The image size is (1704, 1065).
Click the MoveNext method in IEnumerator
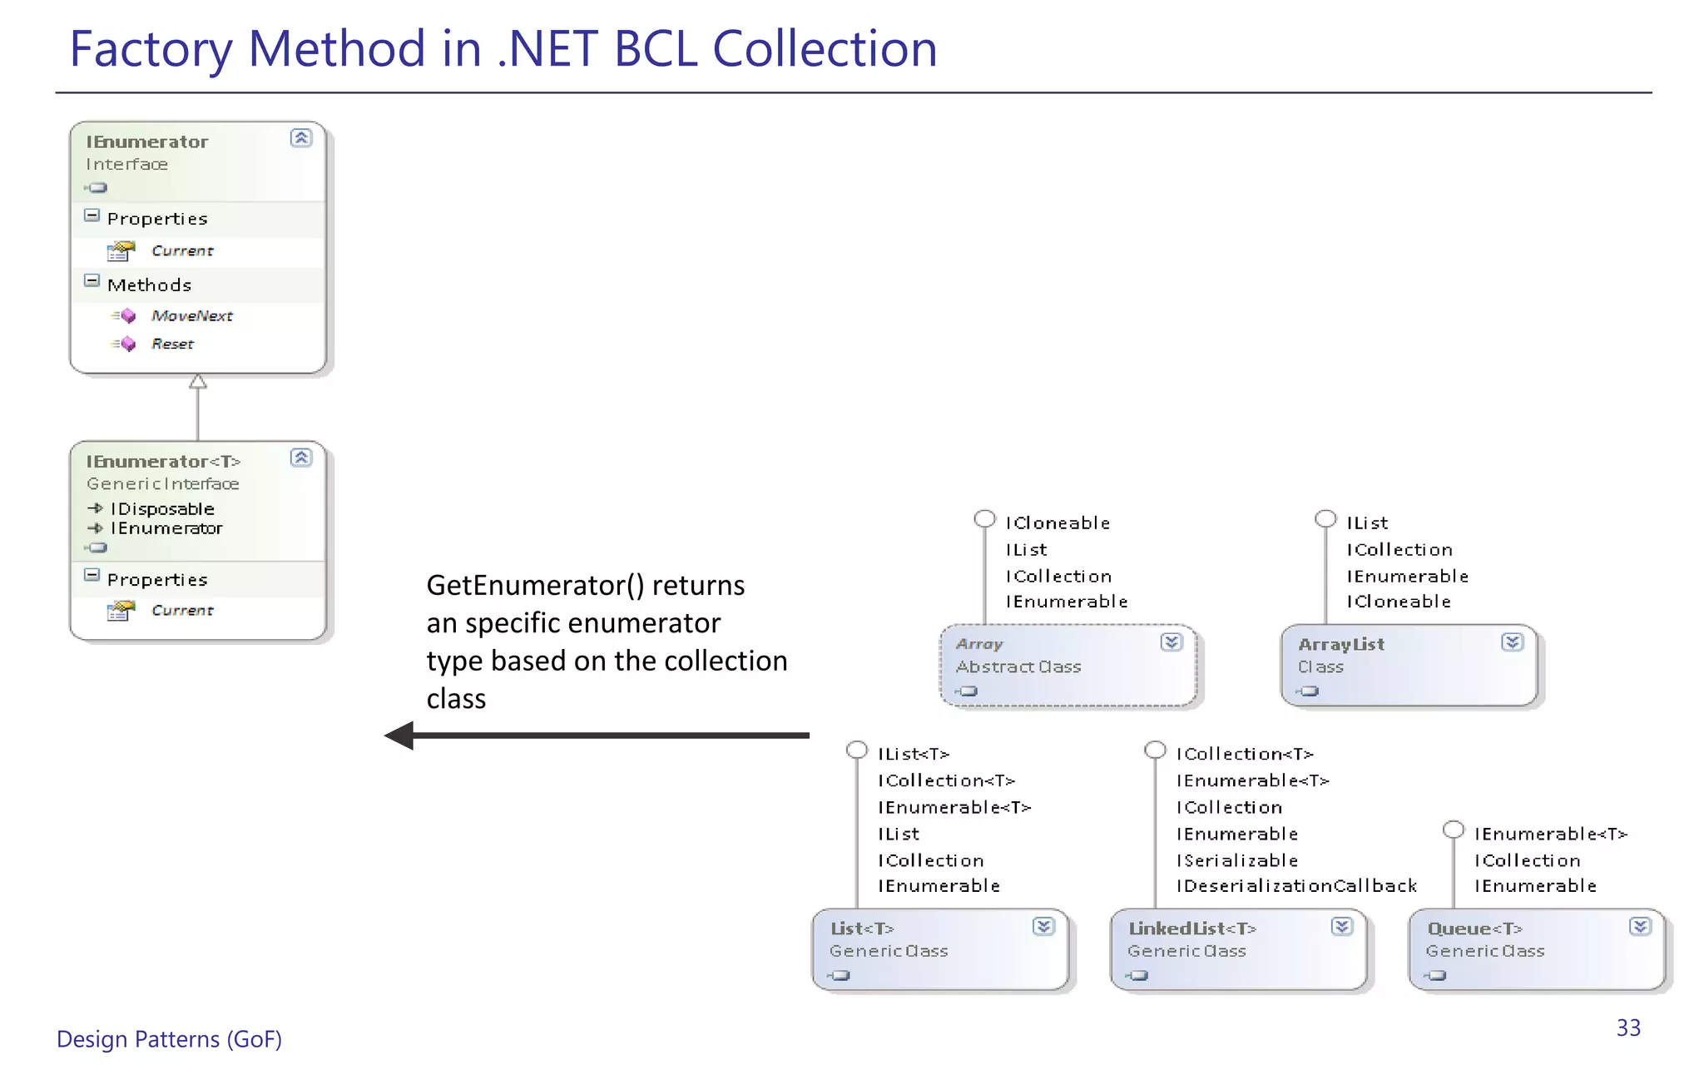tap(191, 316)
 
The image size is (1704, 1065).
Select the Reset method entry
tap(172, 344)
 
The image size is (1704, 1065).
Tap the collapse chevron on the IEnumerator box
tap(301, 138)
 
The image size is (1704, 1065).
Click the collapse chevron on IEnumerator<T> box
tap(301, 458)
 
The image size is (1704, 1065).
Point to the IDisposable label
tap(162, 509)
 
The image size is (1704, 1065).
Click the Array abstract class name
tap(979, 644)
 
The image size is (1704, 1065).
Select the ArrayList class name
tap(1340, 644)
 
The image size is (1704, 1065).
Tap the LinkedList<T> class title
tap(1191, 929)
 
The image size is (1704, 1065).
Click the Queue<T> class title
tap(1474, 929)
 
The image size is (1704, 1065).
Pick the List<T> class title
tap(862, 929)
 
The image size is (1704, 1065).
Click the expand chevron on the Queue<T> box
tap(1640, 927)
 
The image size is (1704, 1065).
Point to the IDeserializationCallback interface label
tap(1296, 886)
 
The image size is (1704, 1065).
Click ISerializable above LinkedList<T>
tap(1237, 860)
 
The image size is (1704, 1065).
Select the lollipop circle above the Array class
tap(985, 519)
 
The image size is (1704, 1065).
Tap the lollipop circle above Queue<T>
tap(1454, 830)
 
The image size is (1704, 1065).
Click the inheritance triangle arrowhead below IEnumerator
tap(198, 382)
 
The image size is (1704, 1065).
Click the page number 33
tap(1628, 1028)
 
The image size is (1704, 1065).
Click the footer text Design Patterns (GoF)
tap(169, 1039)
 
